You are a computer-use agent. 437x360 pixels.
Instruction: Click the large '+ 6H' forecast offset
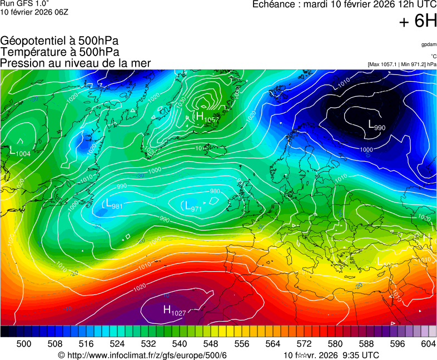click(x=418, y=21)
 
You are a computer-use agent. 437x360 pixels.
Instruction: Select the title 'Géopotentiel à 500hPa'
click(x=59, y=41)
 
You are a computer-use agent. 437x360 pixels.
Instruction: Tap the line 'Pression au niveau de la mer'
click(x=76, y=63)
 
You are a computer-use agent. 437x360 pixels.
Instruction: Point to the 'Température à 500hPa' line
click(x=59, y=52)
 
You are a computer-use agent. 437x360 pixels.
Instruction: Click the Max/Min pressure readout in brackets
click(x=401, y=64)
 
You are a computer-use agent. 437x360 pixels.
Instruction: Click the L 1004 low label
click(x=21, y=151)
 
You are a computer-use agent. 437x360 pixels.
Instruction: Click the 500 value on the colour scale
click(x=23, y=344)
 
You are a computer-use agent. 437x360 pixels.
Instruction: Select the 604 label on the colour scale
click(x=428, y=344)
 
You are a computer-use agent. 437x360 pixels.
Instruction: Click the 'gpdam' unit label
click(x=429, y=44)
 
